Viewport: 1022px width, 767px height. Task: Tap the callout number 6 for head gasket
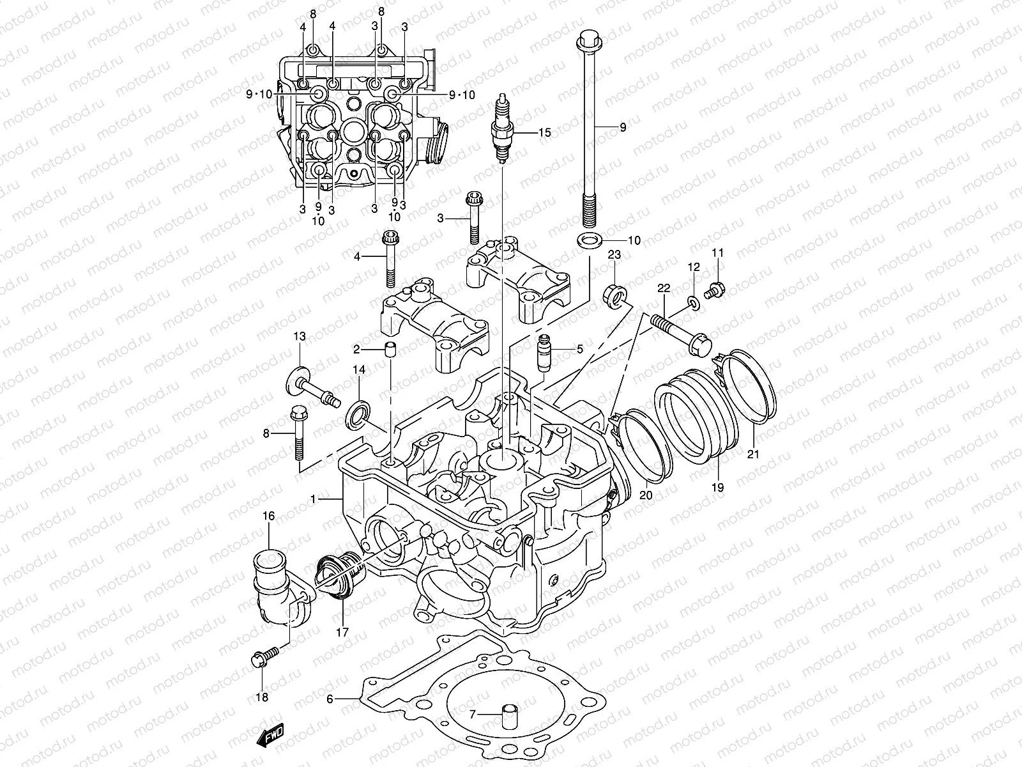pyautogui.click(x=330, y=699)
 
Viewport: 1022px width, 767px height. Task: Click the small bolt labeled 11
pyautogui.click(x=713, y=290)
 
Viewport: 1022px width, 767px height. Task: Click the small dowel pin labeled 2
pyautogui.click(x=390, y=349)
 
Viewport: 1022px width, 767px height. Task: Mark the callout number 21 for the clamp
pyautogui.click(x=753, y=454)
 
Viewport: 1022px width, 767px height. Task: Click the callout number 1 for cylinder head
pyautogui.click(x=313, y=498)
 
